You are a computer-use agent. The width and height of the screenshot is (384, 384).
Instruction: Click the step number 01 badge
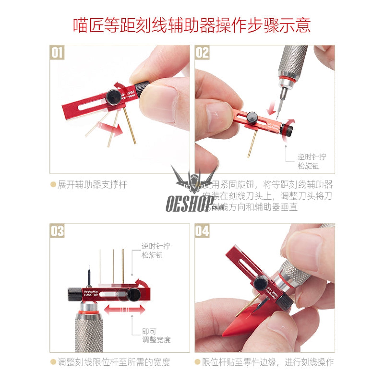[x=57, y=52]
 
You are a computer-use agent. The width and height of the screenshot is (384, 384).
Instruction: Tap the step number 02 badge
[x=202, y=52]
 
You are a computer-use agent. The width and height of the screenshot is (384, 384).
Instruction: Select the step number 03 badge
[x=57, y=231]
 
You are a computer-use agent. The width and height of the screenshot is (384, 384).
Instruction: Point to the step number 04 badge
[x=202, y=231]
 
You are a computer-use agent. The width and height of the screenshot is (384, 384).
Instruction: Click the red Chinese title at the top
[x=192, y=26]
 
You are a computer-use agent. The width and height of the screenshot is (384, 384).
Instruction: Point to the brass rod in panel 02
[x=252, y=144]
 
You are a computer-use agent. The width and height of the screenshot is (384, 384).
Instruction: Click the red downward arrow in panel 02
[x=272, y=109]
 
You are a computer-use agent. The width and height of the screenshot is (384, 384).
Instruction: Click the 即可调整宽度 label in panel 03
[x=156, y=335]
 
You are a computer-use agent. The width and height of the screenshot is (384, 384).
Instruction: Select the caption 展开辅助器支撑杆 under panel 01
[x=92, y=184]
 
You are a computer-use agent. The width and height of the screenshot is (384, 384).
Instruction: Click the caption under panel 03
[x=114, y=362]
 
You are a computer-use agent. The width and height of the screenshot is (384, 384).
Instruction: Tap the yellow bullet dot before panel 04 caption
[x=197, y=362]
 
